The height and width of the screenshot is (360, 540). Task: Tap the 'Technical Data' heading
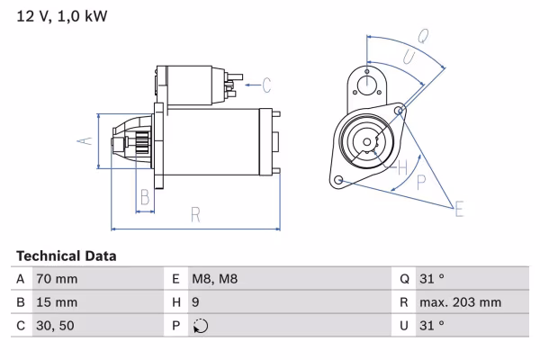[66, 256]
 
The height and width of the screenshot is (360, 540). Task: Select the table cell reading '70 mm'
[56, 279]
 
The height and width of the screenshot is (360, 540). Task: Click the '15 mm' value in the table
[56, 302]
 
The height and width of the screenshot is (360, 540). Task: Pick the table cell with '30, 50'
[54, 326]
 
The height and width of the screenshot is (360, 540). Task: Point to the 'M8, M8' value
[217, 279]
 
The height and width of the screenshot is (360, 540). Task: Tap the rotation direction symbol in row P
[201, 326]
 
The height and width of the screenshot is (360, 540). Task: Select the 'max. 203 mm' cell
[460, 302]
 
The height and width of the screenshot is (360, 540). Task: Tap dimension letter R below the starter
[195, 214]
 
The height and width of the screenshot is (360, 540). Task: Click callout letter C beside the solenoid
[266, 86]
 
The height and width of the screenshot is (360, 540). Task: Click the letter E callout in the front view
[459, 210]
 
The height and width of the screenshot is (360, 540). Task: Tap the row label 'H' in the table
[175, 302]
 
